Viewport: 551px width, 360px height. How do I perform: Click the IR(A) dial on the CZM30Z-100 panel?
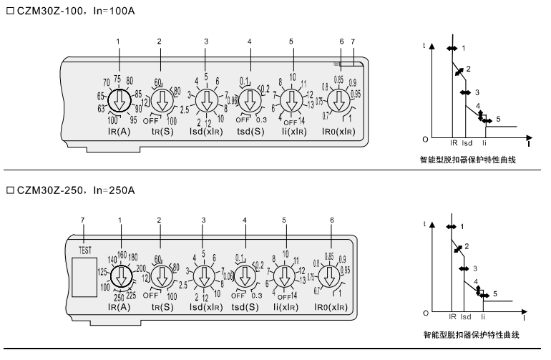[117, 101]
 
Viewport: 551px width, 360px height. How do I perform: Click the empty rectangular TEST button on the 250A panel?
[84, 276]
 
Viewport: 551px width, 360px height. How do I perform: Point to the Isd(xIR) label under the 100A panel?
[206, 133]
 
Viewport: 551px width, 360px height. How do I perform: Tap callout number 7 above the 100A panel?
[352, 42]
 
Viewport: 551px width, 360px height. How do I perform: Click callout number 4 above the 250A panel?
[245, 218]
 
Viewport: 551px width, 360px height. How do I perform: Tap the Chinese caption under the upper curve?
[469, 161]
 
